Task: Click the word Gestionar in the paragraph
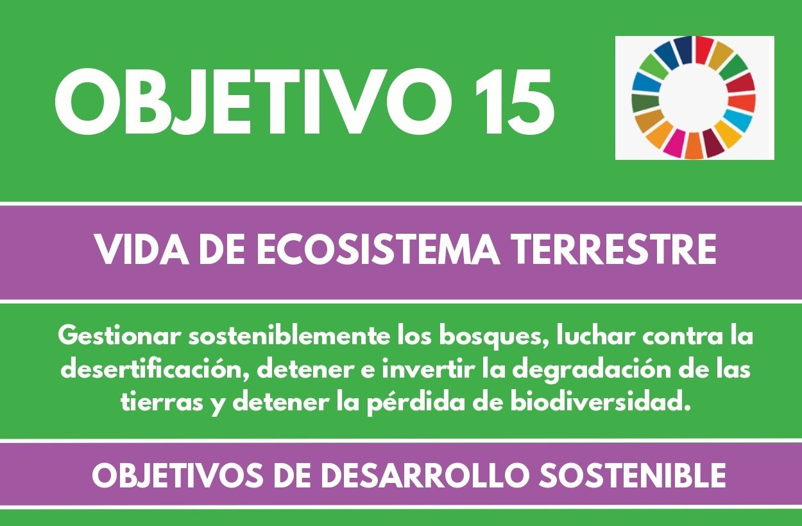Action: (x=118, y=337)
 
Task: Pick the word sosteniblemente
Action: (x=288, y=337)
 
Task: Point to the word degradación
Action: (x=591, y=370)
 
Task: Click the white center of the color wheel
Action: (x=694, y=98)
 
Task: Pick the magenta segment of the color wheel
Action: (x=675, y=143)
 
